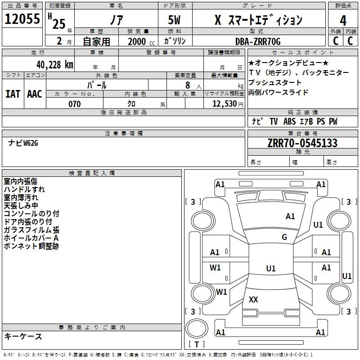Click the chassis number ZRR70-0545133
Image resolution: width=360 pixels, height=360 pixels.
point(302,143)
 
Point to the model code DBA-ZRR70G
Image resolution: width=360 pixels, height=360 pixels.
point(257,41)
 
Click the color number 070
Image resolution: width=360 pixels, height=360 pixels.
point(74,104)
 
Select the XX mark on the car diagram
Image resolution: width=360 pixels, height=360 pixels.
point(253,299)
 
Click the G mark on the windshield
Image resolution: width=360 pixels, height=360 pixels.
point(284,237)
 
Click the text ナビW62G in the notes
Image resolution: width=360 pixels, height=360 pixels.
point(23,143)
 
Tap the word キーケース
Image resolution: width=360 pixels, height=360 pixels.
point(23,336)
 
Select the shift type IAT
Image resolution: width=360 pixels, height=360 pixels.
point(13,94)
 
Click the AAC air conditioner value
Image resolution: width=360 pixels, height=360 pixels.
point(35,94)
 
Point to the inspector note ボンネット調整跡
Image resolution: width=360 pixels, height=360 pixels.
point(31,246)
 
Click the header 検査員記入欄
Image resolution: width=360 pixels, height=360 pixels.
point(92,173)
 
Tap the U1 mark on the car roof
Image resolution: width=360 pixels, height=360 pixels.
point(270,268)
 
